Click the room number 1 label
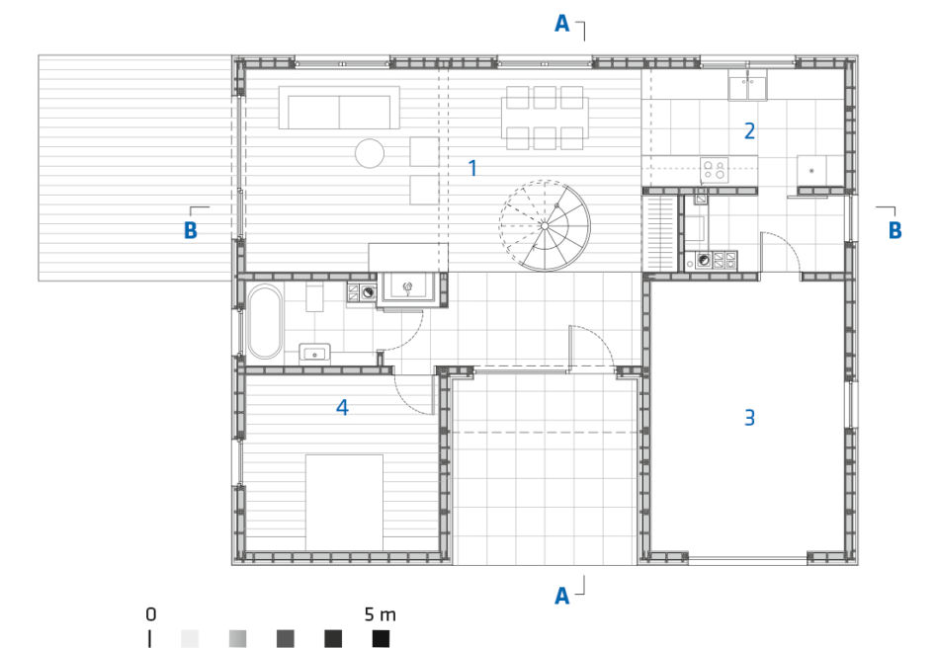click(472, 168)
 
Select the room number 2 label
click(749, 130)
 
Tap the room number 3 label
click(749, 417)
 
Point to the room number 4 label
click(342, 407)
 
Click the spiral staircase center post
click(545, 226)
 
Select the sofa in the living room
click(339, 108)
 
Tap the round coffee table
click(370, 153)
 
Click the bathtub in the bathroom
click(265, 322)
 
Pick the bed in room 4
click(344, 502)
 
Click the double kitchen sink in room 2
click(747, 85)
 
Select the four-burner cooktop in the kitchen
click(714, 170)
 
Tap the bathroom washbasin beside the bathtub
click(314, 354)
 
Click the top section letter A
click(561, 24)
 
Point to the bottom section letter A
click(561, 596)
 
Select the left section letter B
click(191, 230)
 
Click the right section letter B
click(894, 230)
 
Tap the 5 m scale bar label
click(381, 614)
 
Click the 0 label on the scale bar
click(150, 614)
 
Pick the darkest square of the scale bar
click(381, 638)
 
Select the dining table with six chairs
click(545, 118)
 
